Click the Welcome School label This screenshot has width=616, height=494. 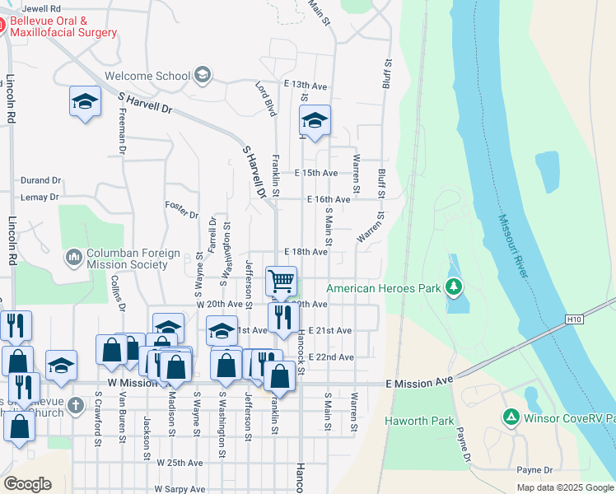point(147,77)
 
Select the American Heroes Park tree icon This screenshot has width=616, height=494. point(452,287)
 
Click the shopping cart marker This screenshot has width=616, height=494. point(281,281)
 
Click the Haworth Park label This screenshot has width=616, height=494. point(419,421)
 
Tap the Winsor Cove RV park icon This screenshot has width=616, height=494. point(511,417)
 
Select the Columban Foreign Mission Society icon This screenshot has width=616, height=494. point(74,258)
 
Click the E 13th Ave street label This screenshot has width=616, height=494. point(306,86)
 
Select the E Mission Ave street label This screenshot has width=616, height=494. point(420,383)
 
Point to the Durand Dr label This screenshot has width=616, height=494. point(41,179)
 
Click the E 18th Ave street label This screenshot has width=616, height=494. point(306,252)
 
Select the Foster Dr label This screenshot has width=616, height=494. point(182,210)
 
